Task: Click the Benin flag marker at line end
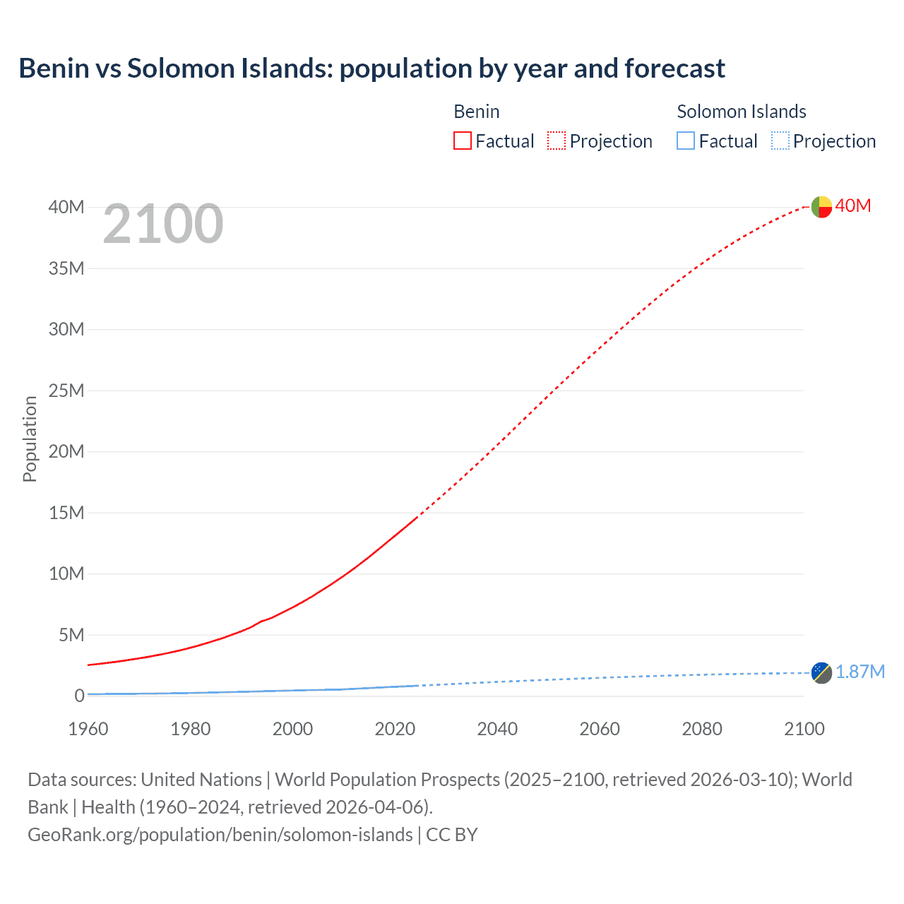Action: click(x=821, y=207)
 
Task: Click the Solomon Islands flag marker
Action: click(x=821, y=673)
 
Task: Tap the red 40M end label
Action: click(x=853, y=206)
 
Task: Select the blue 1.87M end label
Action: click(x=860, y=672)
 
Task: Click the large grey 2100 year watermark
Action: click(x=163, y=224)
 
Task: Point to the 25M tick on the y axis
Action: click(x=66, y=391)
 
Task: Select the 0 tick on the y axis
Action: click(x=79, y=696)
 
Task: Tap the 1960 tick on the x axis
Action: click(x=88, y=729)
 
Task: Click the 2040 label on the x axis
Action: click(x=497, y=729)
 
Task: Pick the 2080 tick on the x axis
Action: click(x=702, y=729)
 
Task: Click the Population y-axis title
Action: click(x=30, y=439)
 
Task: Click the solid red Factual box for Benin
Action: click(x=463, y=141)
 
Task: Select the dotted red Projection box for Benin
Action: click(x=557, y=141)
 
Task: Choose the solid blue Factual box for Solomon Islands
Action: click(x=686, y=141)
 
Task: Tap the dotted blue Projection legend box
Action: click(x=780, y=141)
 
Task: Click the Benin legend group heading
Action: click(x=477, y=112)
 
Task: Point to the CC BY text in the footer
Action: click(x=452, y=835)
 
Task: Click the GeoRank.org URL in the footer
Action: click(x=220, y=835)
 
